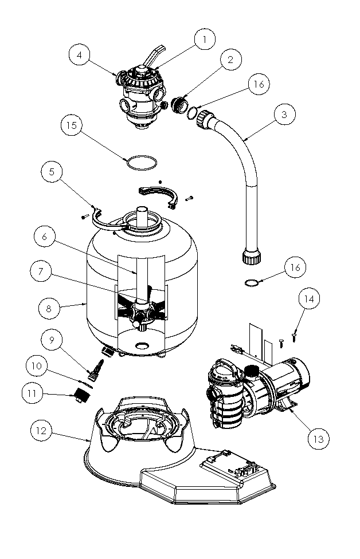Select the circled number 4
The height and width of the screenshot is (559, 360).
coord(81,56)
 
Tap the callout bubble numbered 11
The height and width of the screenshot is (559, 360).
coord(34,393)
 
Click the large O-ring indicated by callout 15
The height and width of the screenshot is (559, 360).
coord(140,163)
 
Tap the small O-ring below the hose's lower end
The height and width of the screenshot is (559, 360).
coord(251,282)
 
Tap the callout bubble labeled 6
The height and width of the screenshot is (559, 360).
coord(46,235)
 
